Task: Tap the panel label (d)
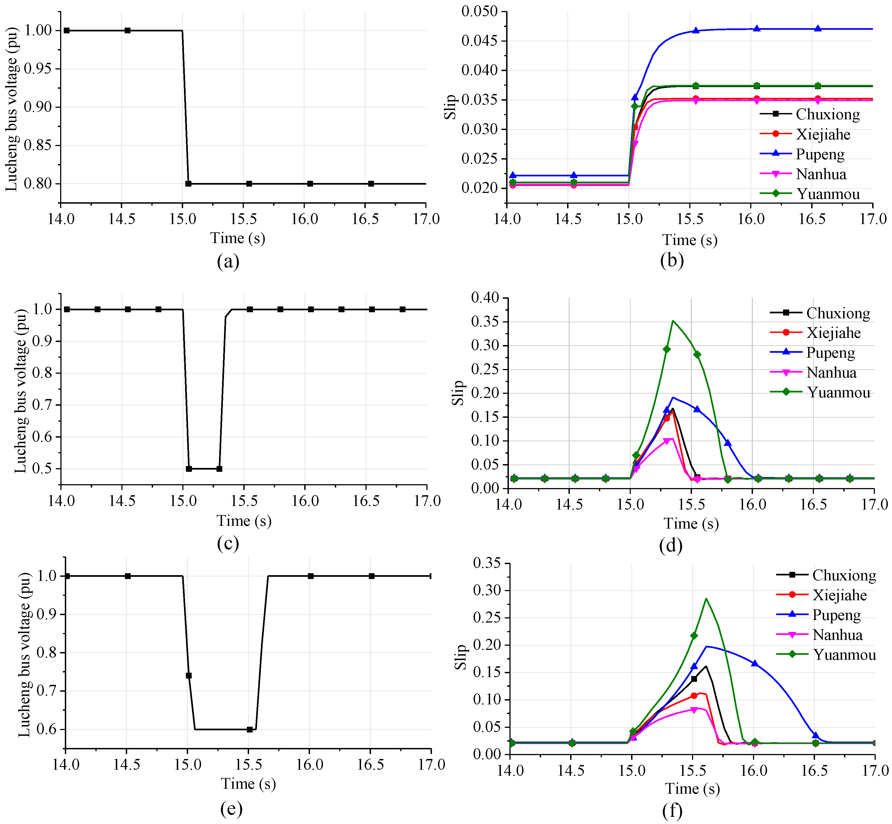(671, 545)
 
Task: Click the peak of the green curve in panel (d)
(673, 321)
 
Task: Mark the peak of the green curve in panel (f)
(706, 599)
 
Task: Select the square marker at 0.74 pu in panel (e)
(189, 675)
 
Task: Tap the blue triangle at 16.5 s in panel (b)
(818, 29)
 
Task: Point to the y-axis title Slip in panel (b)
(451, 107)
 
